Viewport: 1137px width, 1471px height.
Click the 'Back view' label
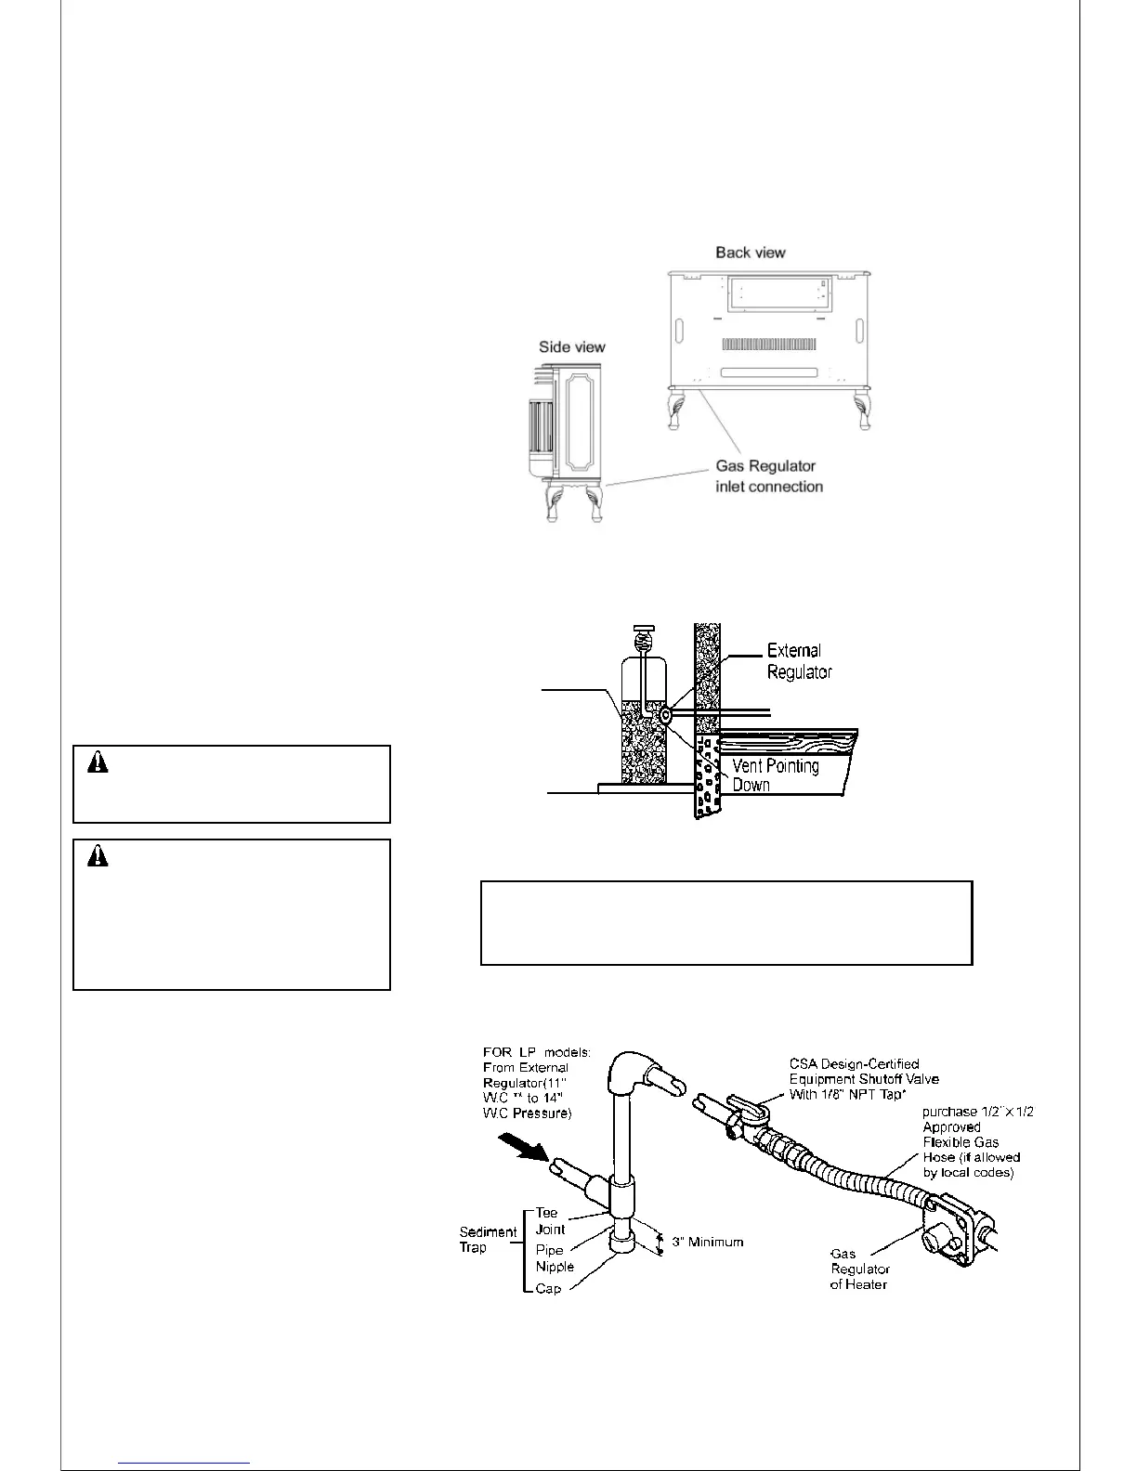(750, 253)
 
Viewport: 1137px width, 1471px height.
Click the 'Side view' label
(572, 347)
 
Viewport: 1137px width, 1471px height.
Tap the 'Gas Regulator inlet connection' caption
(768, 476)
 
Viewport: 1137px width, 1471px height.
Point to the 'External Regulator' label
(799, 660)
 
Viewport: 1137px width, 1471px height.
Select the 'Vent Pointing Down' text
(776, 775)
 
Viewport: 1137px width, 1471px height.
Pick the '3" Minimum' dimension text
(707, 1242)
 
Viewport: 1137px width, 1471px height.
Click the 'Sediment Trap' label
(488, 1240)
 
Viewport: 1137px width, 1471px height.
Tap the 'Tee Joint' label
(550, 1221)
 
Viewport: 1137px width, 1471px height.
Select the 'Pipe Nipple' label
(555, 1258)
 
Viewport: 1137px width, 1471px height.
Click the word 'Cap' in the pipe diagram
(548, 1289)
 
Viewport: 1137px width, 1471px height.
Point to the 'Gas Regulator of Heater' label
(859, 1269)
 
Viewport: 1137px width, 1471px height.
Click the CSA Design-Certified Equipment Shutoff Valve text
(864, 1078)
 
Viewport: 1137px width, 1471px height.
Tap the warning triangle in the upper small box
(98, 763)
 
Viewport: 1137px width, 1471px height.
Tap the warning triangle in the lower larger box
(98, 857)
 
